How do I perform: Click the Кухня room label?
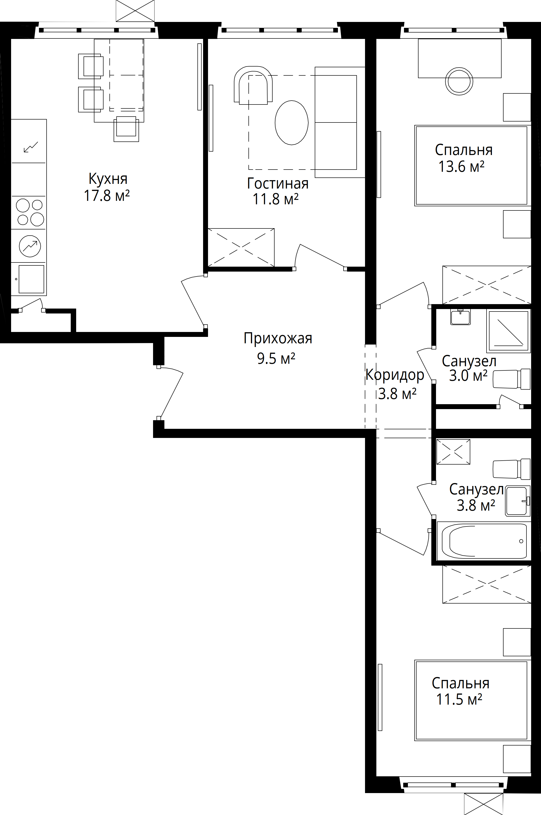pos(108,179)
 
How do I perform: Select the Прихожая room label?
pos(278,339)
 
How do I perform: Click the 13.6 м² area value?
pos(461,166)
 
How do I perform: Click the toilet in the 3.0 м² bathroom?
pos(512,379)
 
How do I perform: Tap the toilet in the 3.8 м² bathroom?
pos(512,469)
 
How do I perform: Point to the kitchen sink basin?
pos(31,279)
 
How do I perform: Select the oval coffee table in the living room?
pos(292,122)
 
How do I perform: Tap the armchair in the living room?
pos(253,85)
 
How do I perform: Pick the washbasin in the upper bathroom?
pos(460,317)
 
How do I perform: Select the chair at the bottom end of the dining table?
pos(126,129)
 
